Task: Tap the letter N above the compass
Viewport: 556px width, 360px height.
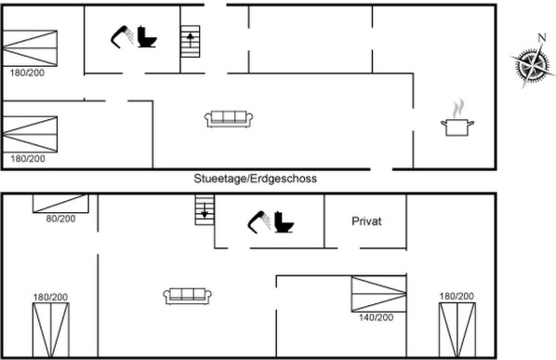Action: tap(541, 38)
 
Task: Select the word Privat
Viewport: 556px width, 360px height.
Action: tap(367, 221)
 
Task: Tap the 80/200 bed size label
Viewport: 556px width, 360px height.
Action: tap(60, 218)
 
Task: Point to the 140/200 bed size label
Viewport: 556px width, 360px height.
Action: tap(377, 317)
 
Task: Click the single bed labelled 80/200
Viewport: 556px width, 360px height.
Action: tap(61, 203)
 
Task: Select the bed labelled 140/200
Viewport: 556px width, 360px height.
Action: tap(378, 294)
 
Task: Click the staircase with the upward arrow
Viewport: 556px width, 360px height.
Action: tap(191, 42)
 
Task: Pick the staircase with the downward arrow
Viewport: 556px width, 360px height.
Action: tap(204, 215)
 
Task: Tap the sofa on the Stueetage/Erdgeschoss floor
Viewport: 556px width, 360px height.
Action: tap(229, 117)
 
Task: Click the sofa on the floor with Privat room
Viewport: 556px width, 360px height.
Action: tap(189, 295)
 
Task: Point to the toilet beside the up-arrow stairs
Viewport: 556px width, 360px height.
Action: tap(147, 37)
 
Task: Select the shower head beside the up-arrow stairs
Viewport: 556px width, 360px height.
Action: tap(120, 36)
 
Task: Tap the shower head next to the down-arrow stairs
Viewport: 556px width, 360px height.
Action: tap(257, 222)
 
